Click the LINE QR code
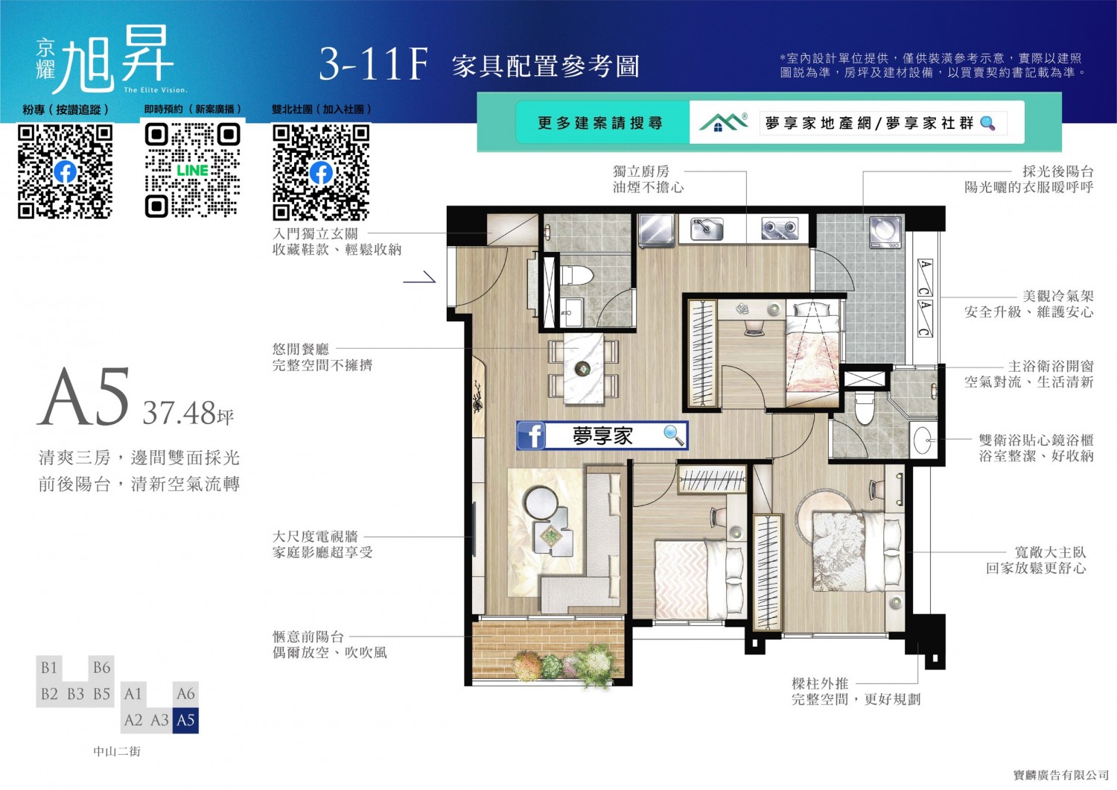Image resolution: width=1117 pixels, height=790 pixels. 192,171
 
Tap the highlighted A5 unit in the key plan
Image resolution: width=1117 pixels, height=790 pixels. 185,720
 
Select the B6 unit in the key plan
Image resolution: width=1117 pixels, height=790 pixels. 101,668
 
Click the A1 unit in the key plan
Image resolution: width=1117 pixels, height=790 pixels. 133,694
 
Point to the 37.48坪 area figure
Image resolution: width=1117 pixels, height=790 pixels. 188,413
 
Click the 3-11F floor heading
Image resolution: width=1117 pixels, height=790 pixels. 374,64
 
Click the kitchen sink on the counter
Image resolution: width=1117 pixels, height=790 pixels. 707,229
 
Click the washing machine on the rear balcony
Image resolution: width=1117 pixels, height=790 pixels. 885,232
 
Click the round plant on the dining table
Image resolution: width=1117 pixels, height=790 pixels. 582,369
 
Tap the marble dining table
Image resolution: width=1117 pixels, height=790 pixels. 583,368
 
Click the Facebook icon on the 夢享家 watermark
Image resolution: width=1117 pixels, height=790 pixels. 532,436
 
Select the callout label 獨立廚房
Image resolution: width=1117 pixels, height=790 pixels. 640,171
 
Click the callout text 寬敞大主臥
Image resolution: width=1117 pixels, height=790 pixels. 1050,552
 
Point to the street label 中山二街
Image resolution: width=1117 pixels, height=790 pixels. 117,751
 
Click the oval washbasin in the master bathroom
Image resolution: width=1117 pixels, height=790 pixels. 922,440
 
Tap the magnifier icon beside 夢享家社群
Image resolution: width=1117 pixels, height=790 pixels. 988,123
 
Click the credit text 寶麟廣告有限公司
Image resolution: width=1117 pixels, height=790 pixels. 1060,775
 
